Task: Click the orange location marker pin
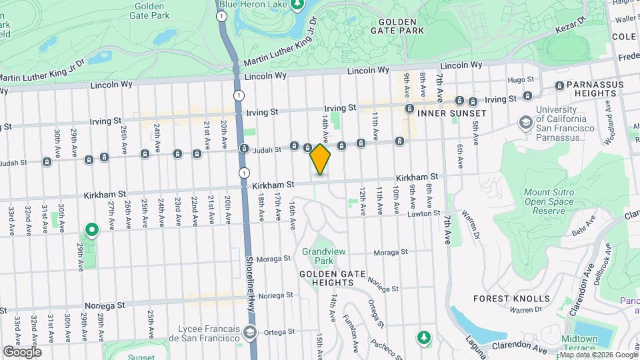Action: (x=320, y=160)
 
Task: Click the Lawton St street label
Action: (x=425, y=213)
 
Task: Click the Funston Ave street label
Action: (x=349, y=325)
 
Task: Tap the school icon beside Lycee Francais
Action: (x=249, y=332)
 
